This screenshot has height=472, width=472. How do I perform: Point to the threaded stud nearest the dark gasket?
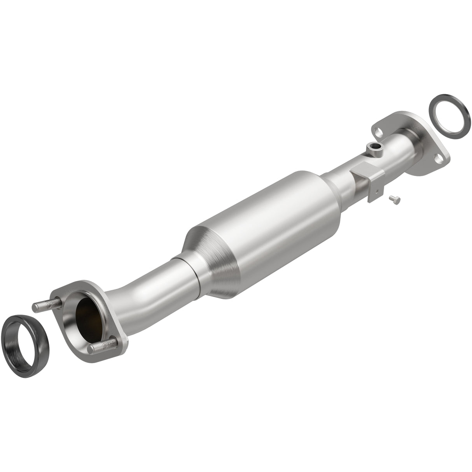click(46, 305)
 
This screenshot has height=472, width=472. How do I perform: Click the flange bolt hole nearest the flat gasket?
click(439, 159)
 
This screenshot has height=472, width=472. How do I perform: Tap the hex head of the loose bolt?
click(392, 198)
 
